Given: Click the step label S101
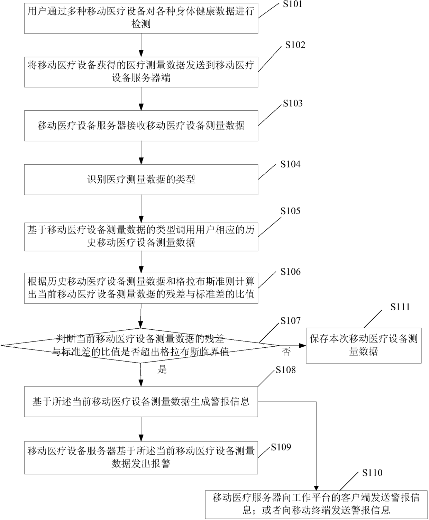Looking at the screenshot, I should click(x=292, y=4).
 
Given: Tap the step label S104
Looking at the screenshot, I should click(x=290, y=164).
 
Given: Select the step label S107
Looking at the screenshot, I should click(x=290, y=321).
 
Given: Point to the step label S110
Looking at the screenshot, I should click(x=372, y=473).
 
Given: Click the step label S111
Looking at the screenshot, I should click(x=400, y=307).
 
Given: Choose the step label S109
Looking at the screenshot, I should click(x=281, y=447).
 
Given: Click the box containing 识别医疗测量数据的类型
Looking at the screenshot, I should click(x=141, y=180).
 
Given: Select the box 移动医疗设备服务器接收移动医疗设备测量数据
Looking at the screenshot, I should click(x=141, y=126).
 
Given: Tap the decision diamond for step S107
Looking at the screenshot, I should click(x=140, y=345).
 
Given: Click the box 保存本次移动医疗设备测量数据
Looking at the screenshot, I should click(x=364, y=345).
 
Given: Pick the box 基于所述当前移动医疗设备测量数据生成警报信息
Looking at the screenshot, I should click(x=141, y=402).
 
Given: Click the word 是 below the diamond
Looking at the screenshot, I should click(x=162, y=370).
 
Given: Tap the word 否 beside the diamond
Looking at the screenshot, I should click(x=286, y=353).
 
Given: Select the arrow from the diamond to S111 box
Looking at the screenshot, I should click(x=293, y=345).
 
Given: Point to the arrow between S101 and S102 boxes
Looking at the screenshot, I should click(x=141, y=45).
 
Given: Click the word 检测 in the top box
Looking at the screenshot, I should click(x=141, y=24).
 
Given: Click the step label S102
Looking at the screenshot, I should click(x=295, y=45).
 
